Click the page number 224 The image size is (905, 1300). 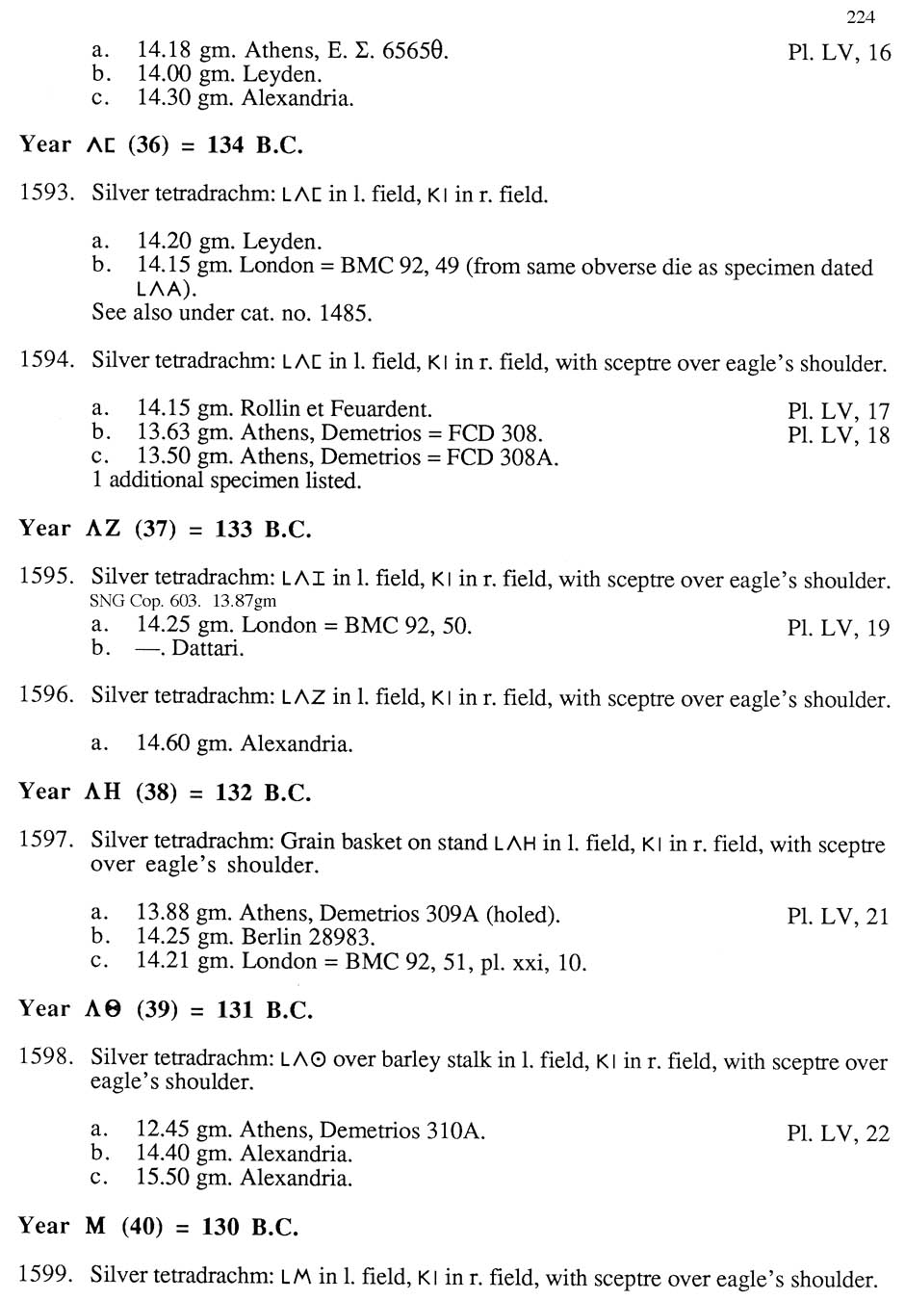tap(861, 16)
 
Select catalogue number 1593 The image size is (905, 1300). tap(46, 193)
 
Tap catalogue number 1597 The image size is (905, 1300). tap(46, 840)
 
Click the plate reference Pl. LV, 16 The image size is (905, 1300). tap(839, 52)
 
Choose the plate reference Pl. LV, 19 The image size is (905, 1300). tap(838, 628)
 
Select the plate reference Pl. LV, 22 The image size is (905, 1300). tap(838, 1133)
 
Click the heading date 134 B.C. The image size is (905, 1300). tap(255, 145)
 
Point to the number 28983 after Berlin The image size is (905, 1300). tap(344, 937)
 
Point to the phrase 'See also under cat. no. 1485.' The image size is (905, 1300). tap(231, 313)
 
